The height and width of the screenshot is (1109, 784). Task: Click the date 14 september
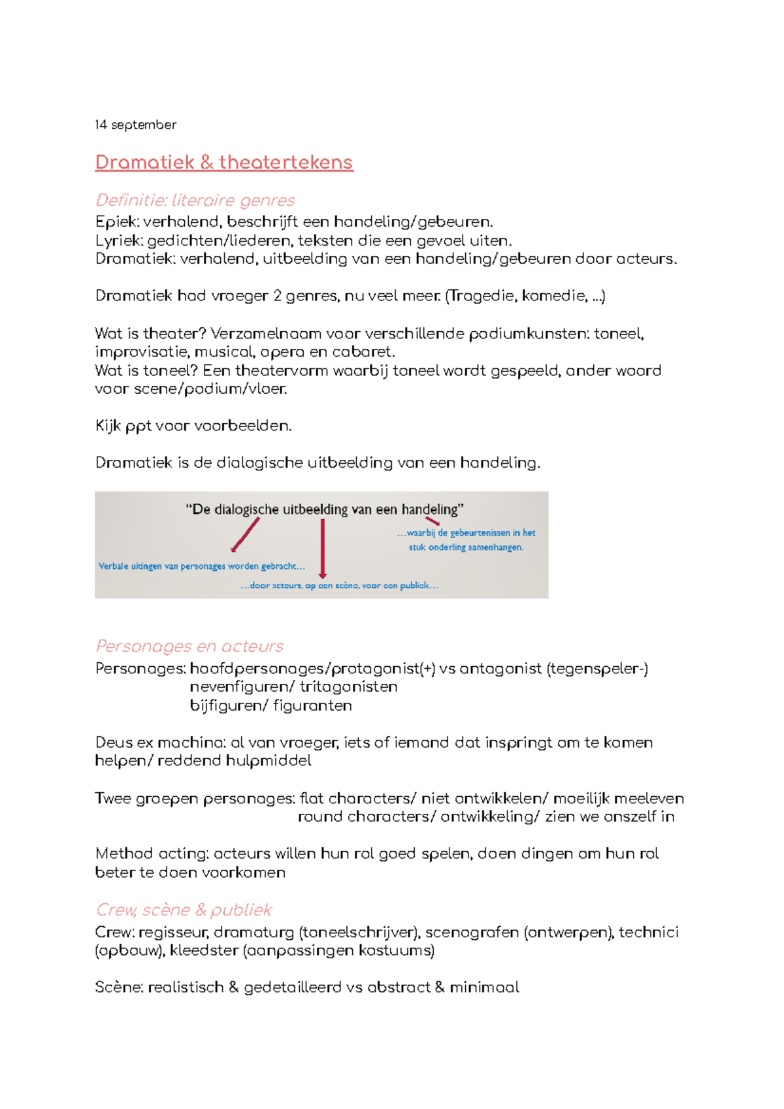pos(135,125)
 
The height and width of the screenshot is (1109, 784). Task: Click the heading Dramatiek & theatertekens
pos(224,162)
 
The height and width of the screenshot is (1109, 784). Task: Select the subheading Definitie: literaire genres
pos(195,200)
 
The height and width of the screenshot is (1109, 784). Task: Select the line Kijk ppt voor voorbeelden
pos(193,426)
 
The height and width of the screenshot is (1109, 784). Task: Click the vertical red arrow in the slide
pos(323,549)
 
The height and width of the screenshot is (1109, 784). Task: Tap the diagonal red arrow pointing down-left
pos(246,534)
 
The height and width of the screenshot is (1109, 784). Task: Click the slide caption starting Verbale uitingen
pos(201,566)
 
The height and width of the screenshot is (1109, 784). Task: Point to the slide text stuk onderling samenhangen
pos(466,547)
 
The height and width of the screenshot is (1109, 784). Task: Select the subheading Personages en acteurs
pos(189,646)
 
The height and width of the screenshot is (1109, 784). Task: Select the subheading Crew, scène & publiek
pos(184,910)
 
